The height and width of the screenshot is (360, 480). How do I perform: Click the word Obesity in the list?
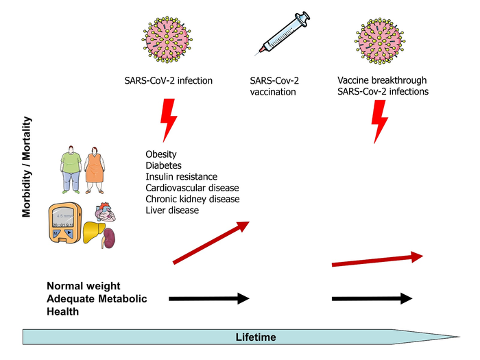pyautogui.click(x=160, y=155)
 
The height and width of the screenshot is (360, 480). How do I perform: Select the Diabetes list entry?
pyautogui.click(x=163, y=166)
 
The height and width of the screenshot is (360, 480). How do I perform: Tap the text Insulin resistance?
pyautogui.click(x=181, y=177)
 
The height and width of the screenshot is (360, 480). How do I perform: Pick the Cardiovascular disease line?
pyautogui.click(x=192, y=188)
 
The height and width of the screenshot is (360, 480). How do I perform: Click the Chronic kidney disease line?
pyautogui.click(x=192, y=199)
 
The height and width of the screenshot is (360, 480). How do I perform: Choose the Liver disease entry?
pyautogui.click(x=172, y=210)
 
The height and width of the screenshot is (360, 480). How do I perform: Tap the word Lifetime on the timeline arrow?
pyautogui.click(x=256, y=337)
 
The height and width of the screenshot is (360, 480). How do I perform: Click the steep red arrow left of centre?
pyautogui.click(x=211, y=242)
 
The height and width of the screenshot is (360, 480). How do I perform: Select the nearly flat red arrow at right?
pyautogui.click(x=376, y=260)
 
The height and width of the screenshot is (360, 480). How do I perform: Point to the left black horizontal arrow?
pyautogui.click(x=208, y=298)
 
